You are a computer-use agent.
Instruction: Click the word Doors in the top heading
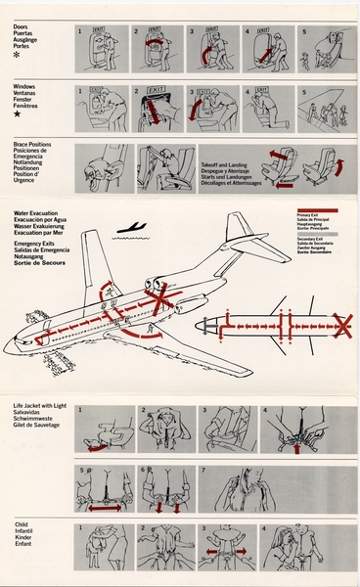tap(22, 29)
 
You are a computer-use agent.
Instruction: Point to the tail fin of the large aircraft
tap(239, 232)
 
